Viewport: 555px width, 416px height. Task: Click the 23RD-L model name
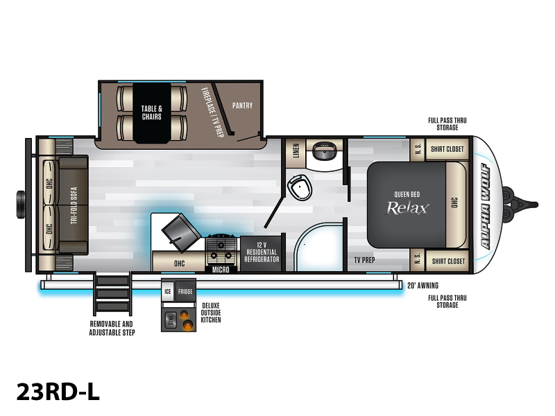click(58, 392)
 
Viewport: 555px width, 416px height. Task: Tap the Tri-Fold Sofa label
click(74, 205)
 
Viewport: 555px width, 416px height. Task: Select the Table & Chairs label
click(152, 113)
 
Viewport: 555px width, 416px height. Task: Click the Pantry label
click(242, 105)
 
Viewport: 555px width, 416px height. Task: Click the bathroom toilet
click(300, 187)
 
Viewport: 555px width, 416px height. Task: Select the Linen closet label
click(296, 150)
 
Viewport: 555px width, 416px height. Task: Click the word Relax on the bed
click(408, 208)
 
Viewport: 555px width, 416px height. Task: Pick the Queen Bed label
click(407, 194)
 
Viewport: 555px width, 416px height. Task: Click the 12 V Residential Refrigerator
click(262, 252)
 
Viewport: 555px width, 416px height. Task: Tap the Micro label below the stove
click(221, 270)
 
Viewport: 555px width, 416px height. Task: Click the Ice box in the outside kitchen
click(168, 291)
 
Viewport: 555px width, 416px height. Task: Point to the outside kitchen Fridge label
click(185, 291)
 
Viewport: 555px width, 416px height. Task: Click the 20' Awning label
click(422, 286)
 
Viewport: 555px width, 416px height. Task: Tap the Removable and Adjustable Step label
click(112, 328)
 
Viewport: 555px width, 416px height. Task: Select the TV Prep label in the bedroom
click(365, 261)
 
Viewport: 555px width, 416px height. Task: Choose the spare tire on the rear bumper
click(21, 205)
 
